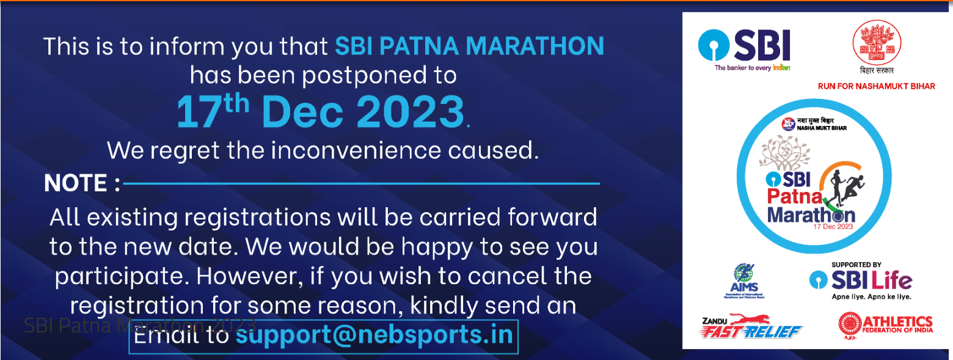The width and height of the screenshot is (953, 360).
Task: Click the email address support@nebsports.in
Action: [x=374, y=336]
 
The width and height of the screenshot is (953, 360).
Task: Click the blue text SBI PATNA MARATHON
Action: [x=469, y=46]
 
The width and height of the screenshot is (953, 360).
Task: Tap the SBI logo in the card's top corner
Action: [x=744, y=48]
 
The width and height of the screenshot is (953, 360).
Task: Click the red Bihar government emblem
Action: [x=876, y=46]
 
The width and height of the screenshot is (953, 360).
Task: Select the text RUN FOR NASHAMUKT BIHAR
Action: [x=876, y=86]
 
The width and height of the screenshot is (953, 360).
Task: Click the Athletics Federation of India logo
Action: [x=885, y=325]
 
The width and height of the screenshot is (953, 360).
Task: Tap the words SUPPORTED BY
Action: [x=856, y=265]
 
